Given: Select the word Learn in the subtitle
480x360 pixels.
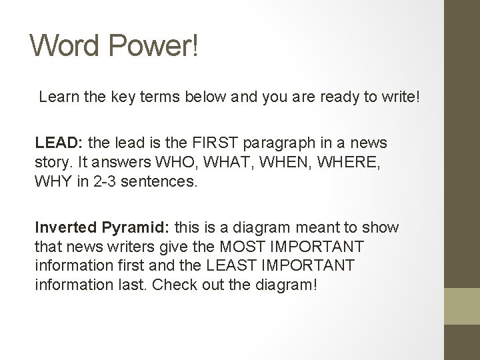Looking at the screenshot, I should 57,97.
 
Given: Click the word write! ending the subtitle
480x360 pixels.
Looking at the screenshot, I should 399,97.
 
